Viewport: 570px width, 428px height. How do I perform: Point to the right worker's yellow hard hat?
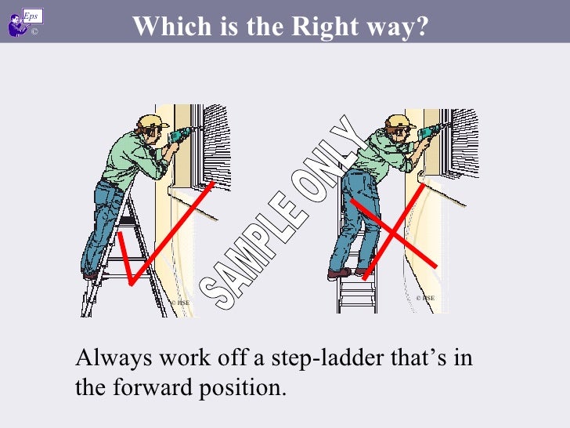coord(399,122)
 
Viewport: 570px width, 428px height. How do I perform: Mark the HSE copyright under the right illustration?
coord(425,298)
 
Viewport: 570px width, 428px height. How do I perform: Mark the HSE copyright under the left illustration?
coord(179,301)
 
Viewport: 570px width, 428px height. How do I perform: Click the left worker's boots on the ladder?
coord(91,274)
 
